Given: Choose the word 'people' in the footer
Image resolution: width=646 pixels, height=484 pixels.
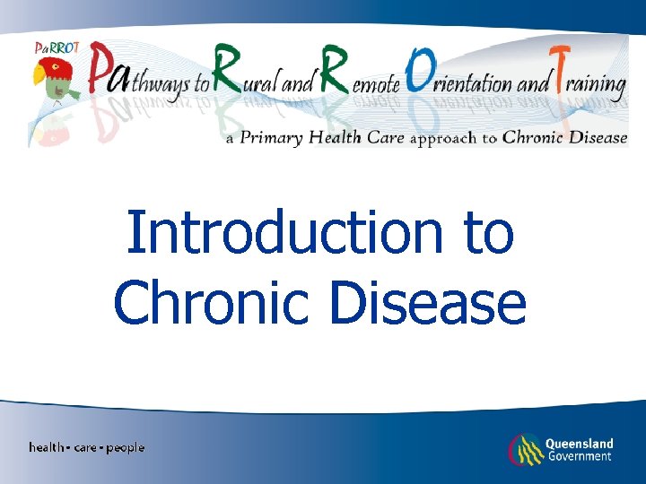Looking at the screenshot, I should point(125,447).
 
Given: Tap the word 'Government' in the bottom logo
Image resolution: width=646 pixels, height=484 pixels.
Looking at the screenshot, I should point(579,456).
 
